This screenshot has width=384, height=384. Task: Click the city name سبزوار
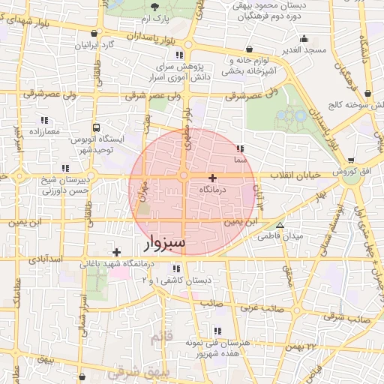tap(163, 244)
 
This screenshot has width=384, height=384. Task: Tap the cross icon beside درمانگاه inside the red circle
tap(213, 178)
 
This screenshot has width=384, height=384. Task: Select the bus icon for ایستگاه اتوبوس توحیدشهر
tap(96, 128)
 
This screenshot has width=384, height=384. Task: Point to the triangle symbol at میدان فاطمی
tap(280, 225)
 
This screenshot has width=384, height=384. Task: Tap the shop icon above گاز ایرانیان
tap(93, 34)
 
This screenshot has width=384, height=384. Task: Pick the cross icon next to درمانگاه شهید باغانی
tap(115, 252)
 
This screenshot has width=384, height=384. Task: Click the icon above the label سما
tap(239, 148)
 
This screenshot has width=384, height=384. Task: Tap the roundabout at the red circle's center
tap(184, 175)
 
